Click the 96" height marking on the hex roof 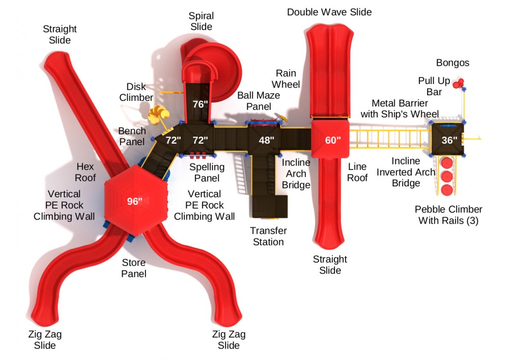tap(135, 202)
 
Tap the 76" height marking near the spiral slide tap(200, 104)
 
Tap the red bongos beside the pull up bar tap(460, 82)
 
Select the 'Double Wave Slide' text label tap(329, 12)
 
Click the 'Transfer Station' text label tap(268, 236)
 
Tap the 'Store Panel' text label tap(134, 268)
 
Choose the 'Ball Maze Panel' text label tap(259, 101)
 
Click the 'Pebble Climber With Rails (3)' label tap(448, 215)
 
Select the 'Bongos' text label tap(453, 63)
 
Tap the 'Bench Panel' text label tap(132, 136)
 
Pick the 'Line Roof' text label tap(358, 172)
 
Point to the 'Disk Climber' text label tap(139, 92)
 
